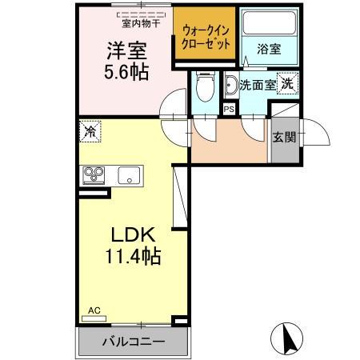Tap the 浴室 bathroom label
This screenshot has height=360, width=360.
coord(268,50)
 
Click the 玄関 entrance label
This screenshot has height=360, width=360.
coord(283,137)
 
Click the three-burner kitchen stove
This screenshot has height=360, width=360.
coord(94,175)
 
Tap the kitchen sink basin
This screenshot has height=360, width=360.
coord(129,175)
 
